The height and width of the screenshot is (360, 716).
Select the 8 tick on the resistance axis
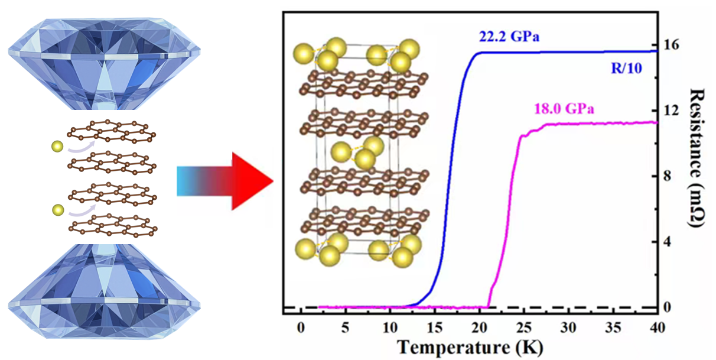pyautogui.click(x=671, y=176)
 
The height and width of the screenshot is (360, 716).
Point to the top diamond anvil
pyautogui.click(x=103, y=56)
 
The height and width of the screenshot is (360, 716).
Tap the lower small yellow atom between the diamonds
pyautogui.click(x=57, y=210)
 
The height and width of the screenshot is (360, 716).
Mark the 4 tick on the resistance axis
pyautogui.click(x=671, y=242)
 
